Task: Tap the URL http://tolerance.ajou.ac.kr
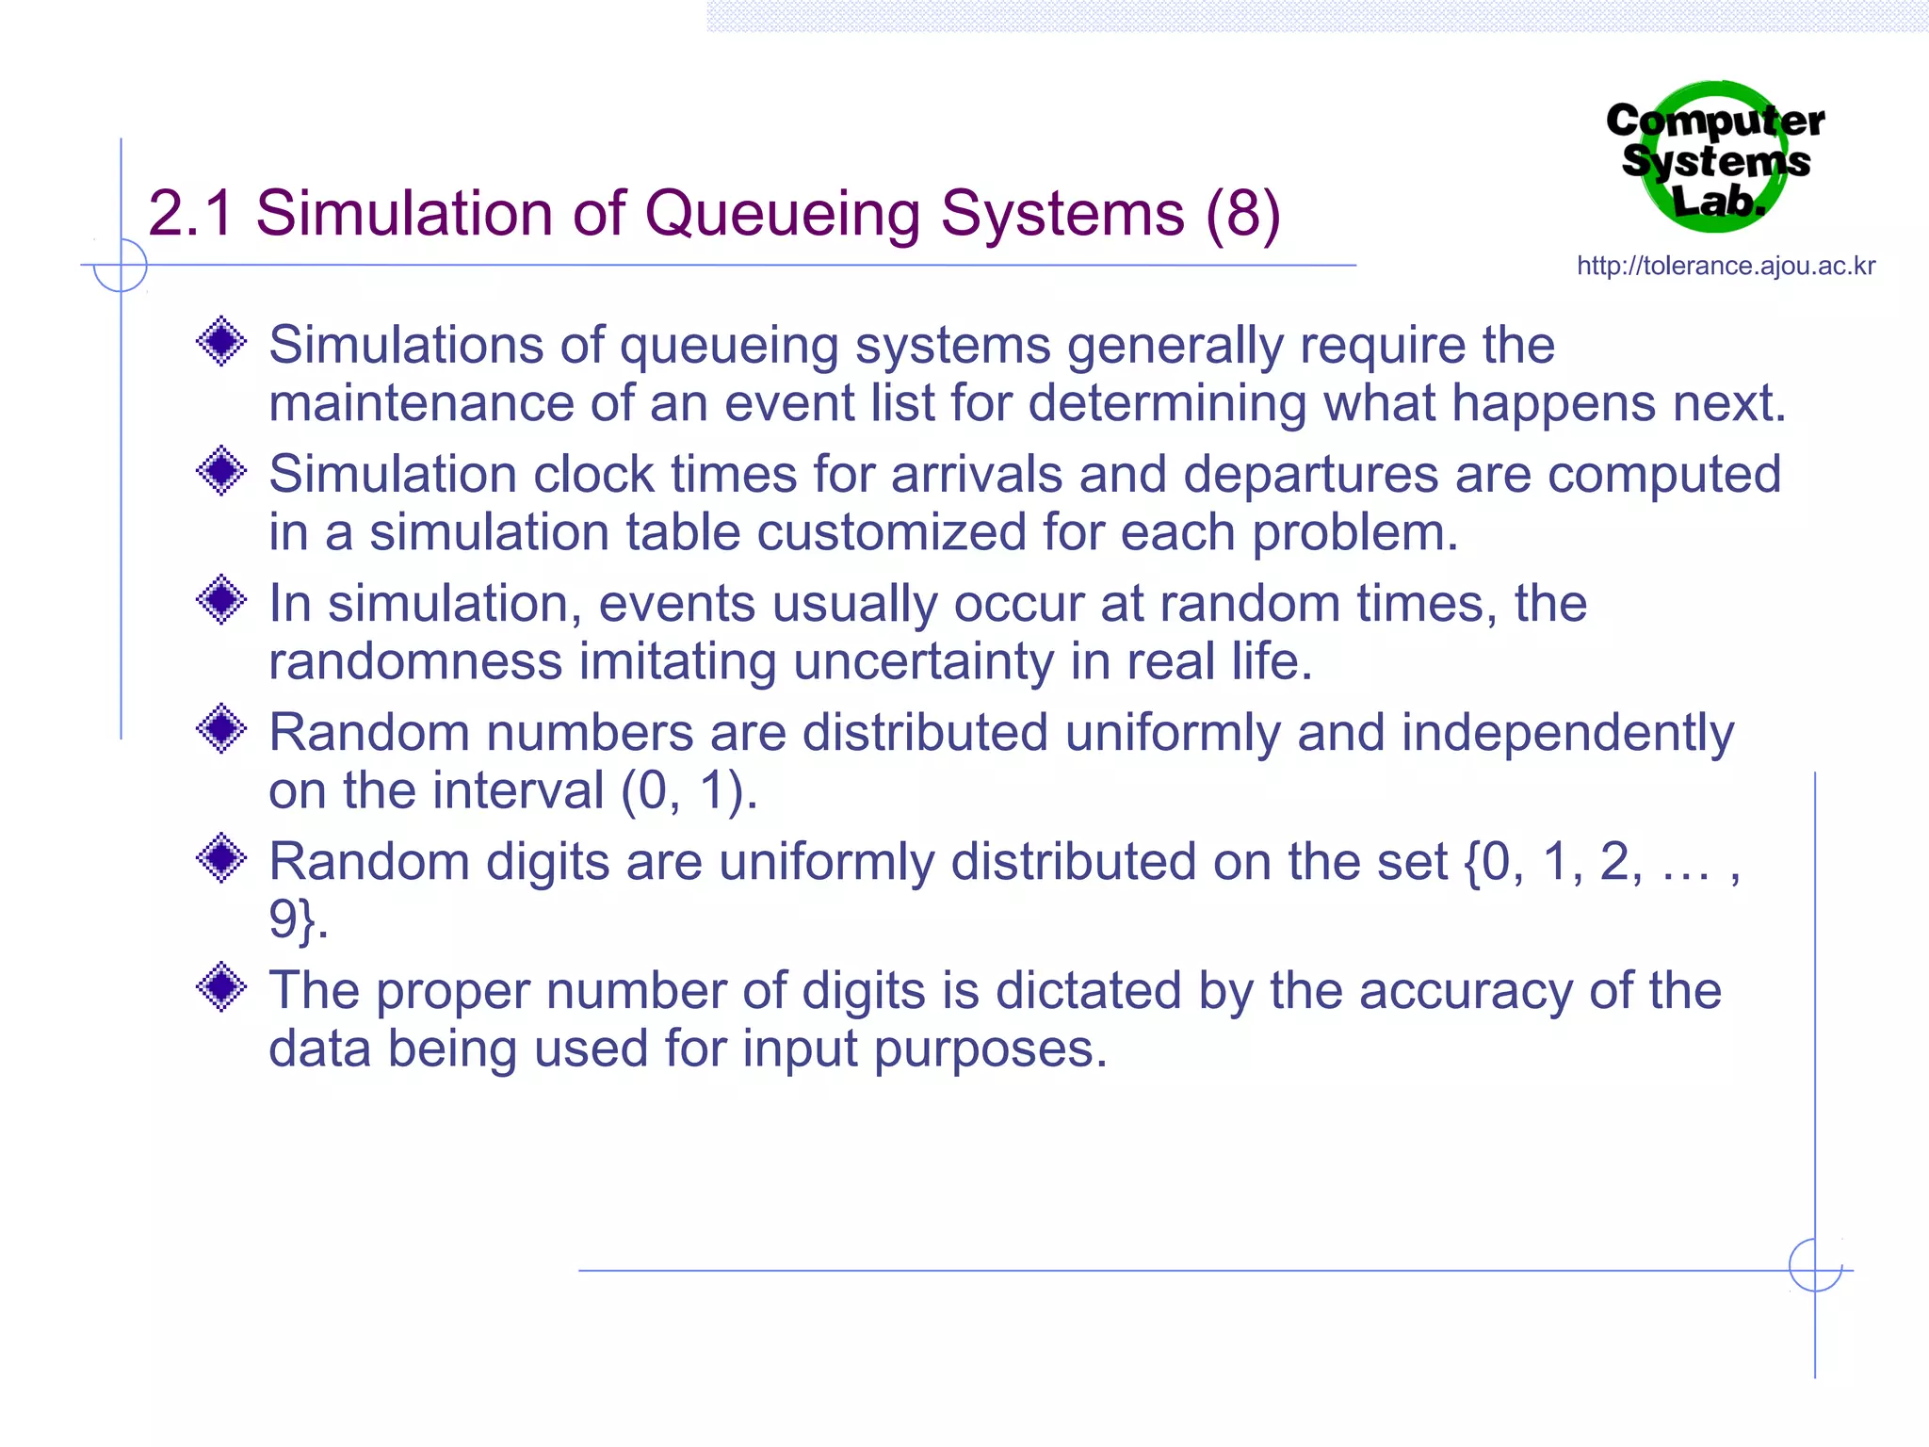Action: pos(1726,267)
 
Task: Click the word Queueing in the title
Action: pos(782,215)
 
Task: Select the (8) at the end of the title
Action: pos(1243,215)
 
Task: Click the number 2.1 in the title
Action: pos(191,215)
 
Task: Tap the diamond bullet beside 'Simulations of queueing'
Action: pos(222,341)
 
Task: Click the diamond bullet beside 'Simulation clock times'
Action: pos(222,470)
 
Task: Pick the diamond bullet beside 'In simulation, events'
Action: pos(222,599)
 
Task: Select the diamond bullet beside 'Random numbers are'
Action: pos(222,728)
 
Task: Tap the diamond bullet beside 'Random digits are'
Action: pos(222,857)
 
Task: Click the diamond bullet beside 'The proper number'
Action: pos(222,986)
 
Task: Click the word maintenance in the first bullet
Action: pos(421,403)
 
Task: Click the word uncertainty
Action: pos(923,662)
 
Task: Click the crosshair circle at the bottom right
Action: pos(1815,1265)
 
